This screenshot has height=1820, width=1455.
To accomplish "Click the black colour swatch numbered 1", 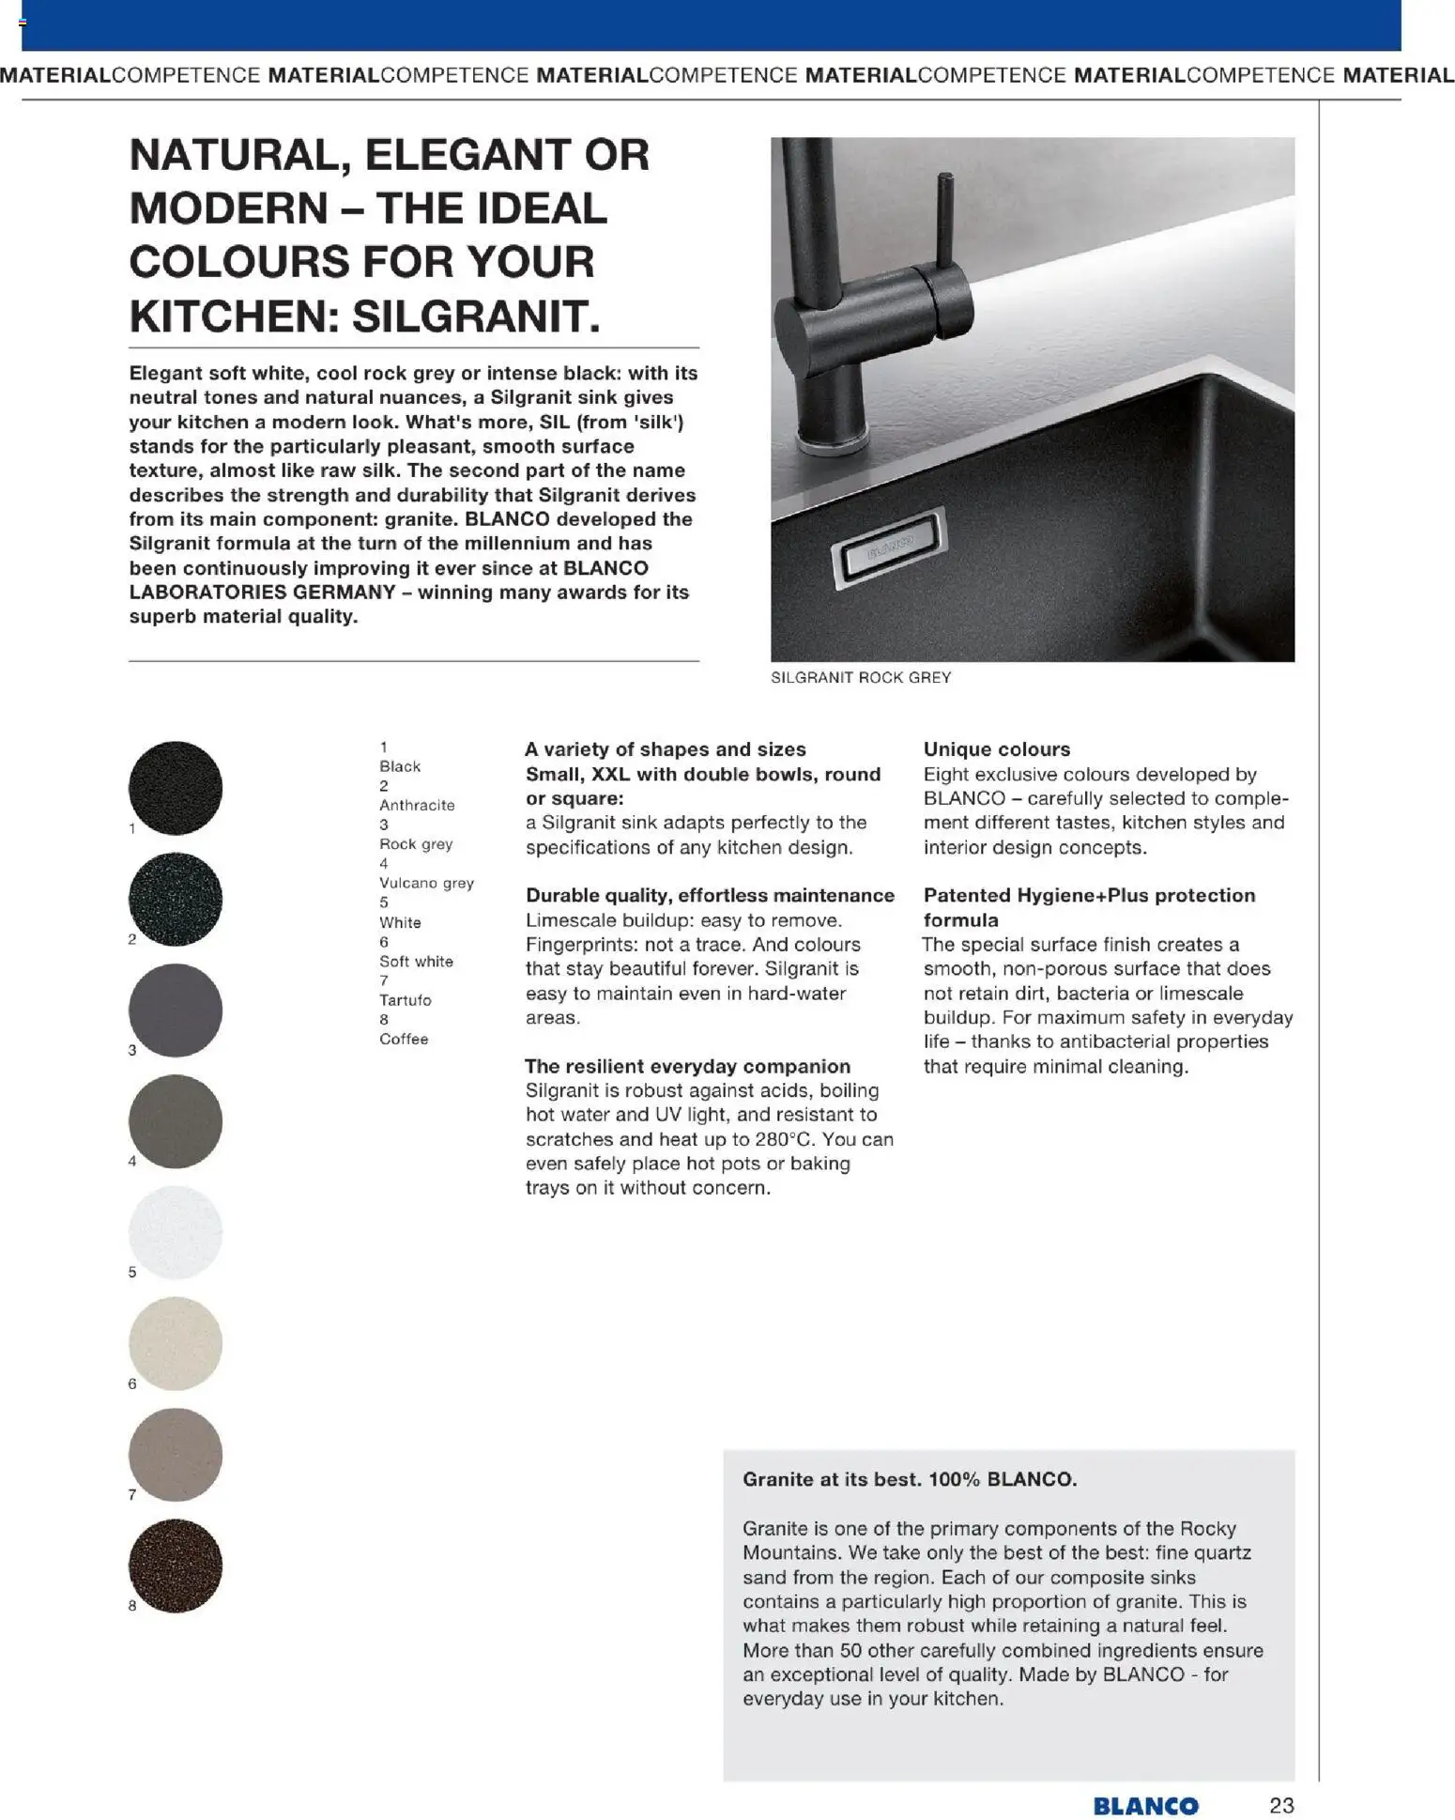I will tap(175, 788).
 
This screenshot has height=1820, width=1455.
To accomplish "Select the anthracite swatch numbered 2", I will tap(175, 899).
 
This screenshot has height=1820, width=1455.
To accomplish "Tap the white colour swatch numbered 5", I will tap(175, 1232).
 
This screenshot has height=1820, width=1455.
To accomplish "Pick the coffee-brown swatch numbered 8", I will tap(175, 1566).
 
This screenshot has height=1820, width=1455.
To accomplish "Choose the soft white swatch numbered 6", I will tap(175, 1343).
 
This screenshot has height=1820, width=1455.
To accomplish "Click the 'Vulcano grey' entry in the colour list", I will tap(426, 883).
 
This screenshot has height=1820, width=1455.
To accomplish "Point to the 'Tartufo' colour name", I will tap(406, 1000).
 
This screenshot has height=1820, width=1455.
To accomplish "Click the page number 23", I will tap(1281, 1805).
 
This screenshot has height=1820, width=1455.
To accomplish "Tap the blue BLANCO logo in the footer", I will tap(1145, 1806).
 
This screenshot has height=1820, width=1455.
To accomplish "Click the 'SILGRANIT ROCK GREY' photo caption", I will tap(860, 677).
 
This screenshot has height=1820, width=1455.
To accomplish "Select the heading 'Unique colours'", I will tap(996, 749).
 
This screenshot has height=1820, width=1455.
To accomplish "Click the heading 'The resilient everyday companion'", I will tap(687, 1066).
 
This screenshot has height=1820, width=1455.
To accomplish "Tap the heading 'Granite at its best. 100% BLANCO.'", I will tap(909, 1479).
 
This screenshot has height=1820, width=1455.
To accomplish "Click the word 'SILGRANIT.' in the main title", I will tap(475, 316).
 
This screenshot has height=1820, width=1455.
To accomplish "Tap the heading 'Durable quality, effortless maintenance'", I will tap(710, 895).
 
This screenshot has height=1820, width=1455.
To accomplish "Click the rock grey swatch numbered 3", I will tap(175, 1010).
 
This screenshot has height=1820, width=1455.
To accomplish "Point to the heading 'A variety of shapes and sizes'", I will tap(665, 749).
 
